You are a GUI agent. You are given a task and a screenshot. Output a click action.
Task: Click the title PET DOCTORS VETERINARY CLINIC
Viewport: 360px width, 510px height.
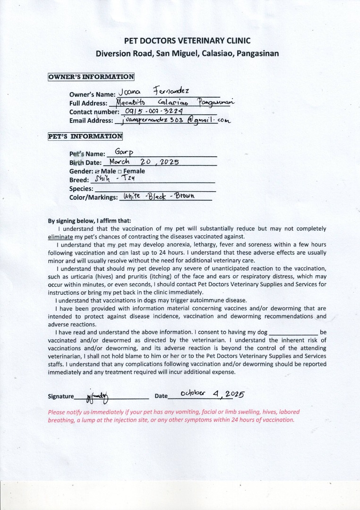187,41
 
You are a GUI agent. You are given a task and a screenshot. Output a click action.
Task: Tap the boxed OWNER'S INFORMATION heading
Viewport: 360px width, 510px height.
91,77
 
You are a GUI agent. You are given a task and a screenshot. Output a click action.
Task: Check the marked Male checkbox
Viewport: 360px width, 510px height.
97,171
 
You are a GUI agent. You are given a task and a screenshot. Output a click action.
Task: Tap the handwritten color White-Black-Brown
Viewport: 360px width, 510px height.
159,196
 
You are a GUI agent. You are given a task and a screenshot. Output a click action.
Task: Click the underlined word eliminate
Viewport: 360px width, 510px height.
60,236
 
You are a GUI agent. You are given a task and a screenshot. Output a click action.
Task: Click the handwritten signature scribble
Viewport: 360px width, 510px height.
97,395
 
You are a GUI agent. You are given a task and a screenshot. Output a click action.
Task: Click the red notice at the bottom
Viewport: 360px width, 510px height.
173,416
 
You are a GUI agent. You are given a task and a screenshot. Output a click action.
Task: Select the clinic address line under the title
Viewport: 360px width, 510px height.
187,53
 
